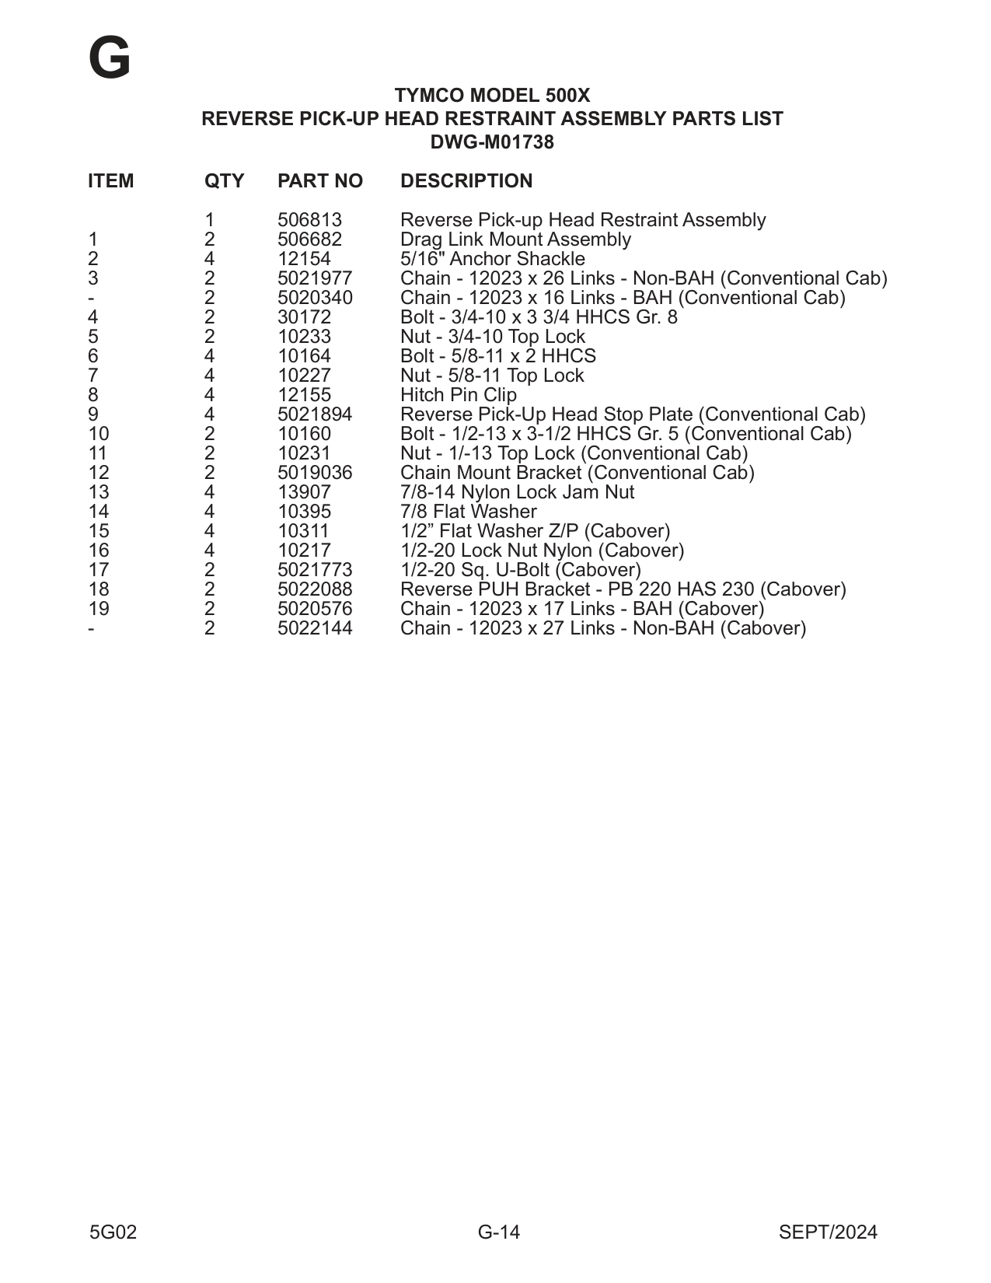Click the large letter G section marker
(110, 59)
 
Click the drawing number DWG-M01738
(492, 142)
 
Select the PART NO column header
(319, 181)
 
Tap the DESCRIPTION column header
(466, 181)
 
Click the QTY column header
(224, 181)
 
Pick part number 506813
(309, 220)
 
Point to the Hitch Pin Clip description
(458, 395)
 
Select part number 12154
(304, 259)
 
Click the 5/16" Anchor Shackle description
(492, 259)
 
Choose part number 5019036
(315, 473)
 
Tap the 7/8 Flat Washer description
(468, 512)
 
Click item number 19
(99, 609)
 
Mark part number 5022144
(315, 628)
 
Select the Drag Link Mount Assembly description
(515, 239)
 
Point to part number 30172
(304, 317)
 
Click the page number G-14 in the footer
(498, 1232)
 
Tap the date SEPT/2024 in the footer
(827, 1232)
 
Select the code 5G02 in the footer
(113, 1232)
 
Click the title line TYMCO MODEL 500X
(492, 96)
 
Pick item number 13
(99, 492)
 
